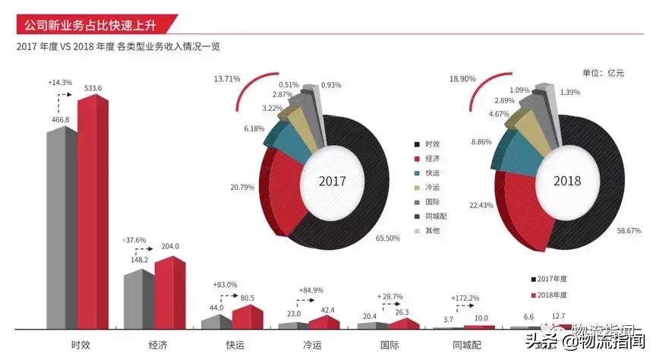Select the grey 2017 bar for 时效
coord(61,228)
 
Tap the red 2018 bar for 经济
coord(169,292)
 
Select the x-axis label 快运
coord(234,345)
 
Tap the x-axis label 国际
coord(389,345)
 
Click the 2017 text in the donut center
coord(332,182)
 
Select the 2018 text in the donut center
coord(566,181)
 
